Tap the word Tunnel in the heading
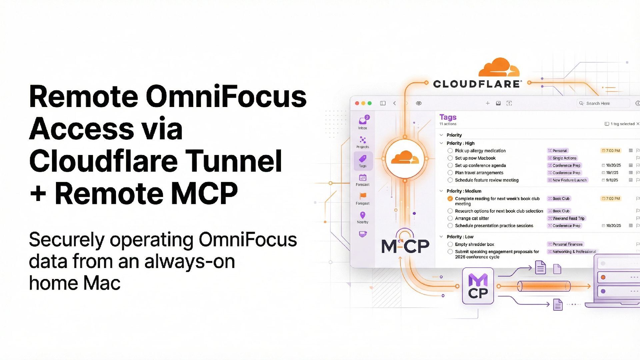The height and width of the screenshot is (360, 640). [233, 161]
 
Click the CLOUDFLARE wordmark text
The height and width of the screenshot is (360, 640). [477, 84]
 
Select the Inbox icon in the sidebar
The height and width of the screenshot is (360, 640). [363, 121]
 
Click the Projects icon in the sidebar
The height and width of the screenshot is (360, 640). [363, 140]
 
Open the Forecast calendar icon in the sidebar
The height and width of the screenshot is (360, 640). [363, 178]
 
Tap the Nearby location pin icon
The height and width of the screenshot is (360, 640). [363, 215]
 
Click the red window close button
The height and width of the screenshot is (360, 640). [357, 103]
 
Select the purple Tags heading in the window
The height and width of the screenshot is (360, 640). [448, 117]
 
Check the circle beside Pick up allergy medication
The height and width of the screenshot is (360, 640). [450, 151]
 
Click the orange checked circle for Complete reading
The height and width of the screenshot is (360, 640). [450, 199]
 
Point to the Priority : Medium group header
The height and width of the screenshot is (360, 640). [464, 191]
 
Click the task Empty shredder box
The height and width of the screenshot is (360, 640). [474, 244]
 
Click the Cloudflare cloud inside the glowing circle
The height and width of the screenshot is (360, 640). [405, 158]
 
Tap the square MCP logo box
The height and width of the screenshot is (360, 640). [478, 286]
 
